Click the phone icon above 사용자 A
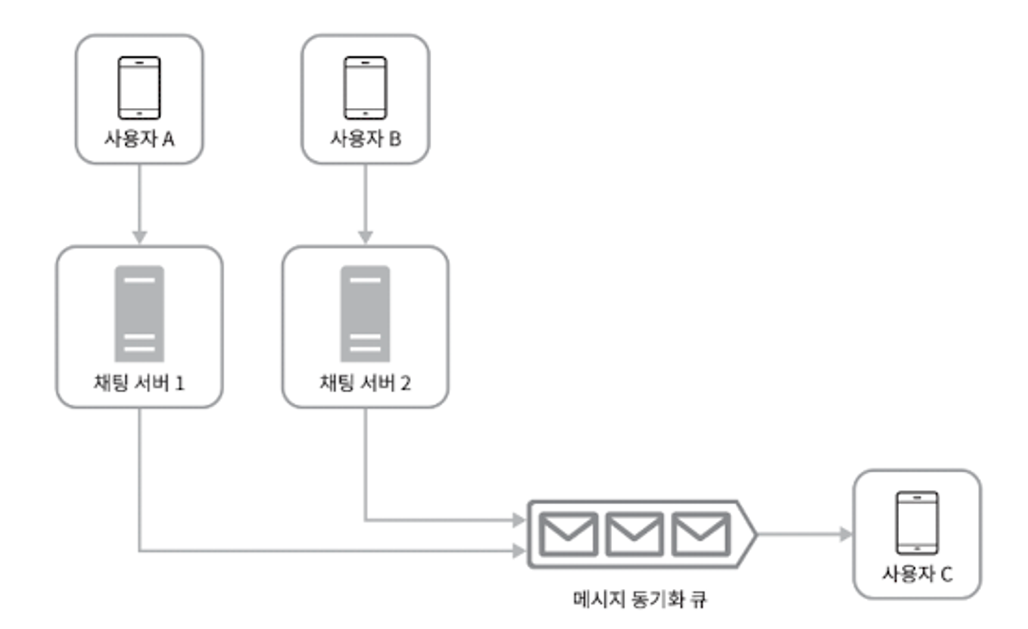(x=139, y=88)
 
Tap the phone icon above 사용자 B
(x=365, y=88)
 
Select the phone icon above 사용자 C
(x=917, y=522)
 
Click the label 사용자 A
(x=139, y=139)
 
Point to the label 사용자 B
(x=365, y=139)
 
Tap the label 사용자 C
(x=917, y=574)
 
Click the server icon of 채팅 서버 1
(x=139, y=313)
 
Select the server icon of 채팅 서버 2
(x=365, y=313)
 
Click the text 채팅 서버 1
(x=139, y=383)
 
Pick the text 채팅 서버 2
(x=365, y=383)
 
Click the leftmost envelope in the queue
(x=568, y=534)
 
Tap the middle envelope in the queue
(x=634, y=534)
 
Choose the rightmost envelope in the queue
(x=700, y=534)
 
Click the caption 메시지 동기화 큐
(x=639, y=599)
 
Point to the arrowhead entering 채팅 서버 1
(x=139, y=237)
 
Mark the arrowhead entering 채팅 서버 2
(x=365, y=237)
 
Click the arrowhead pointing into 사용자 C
(x=846, y=534)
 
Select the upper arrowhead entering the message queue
(x=519, y=520)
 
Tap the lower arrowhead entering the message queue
(x=519, y=551)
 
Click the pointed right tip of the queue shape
(x=754, y=534)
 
